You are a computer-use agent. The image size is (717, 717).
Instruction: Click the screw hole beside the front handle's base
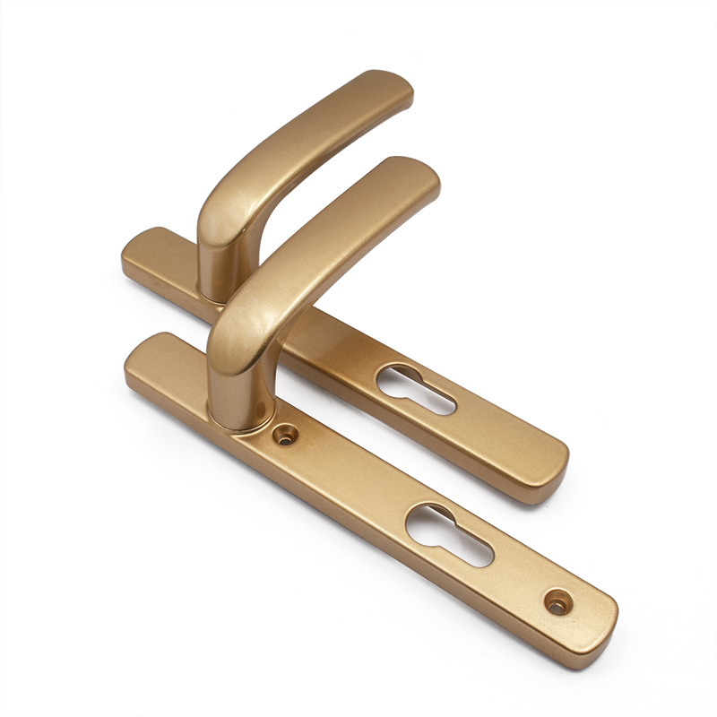(286, 436)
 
